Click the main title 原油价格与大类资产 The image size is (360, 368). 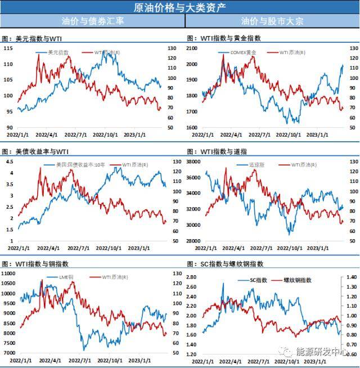click(180, 7)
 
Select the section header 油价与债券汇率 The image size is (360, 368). click(93, 21)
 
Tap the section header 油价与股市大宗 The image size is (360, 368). click(272, 21)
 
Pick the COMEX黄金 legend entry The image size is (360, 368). click(242, 52)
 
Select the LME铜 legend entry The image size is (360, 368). click(66, 277)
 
